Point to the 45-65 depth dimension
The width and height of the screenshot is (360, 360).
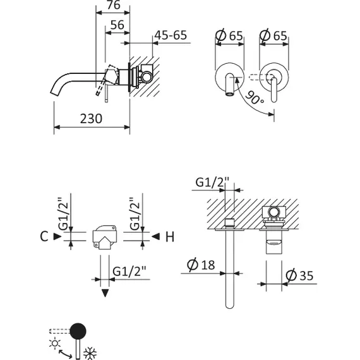point(170,35)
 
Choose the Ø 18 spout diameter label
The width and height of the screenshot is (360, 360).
point(203,265)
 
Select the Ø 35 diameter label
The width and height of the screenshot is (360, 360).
point(300,276)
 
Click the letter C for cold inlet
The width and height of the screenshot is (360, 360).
point(43,237)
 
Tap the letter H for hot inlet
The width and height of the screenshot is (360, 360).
point(169,237)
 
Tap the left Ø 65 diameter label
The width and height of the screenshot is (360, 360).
point(229,36)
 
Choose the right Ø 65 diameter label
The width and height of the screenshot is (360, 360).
point(273,36)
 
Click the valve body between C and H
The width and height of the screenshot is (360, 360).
point(105,236)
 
